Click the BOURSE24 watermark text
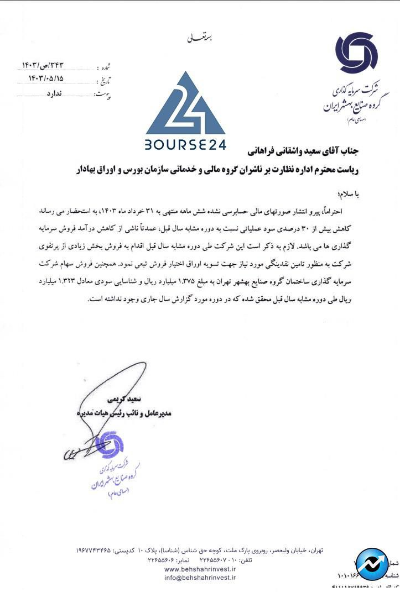click(185, 145)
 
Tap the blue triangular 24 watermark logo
click(185, 105)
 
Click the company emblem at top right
click(356, 53)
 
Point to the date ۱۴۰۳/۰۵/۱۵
click(54, 78)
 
